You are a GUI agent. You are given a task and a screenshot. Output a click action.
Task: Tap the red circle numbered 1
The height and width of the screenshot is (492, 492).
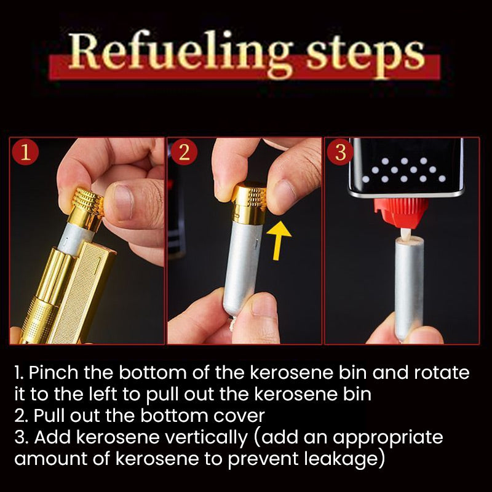click(25, 153)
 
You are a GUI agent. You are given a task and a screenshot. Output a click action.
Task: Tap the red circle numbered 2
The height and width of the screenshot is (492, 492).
click(184, 153)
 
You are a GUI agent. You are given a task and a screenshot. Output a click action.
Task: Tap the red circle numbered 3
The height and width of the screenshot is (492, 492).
click(340, 153)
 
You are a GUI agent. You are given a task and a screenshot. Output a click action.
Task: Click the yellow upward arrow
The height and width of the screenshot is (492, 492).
click(279, 240)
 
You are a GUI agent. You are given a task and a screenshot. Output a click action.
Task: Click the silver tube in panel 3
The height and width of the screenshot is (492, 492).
click(409, 288)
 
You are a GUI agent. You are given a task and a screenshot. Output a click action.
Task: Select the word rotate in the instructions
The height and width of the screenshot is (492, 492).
click(442, 373)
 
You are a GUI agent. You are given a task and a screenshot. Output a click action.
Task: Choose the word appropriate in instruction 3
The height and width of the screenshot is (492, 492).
click(387, 438)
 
